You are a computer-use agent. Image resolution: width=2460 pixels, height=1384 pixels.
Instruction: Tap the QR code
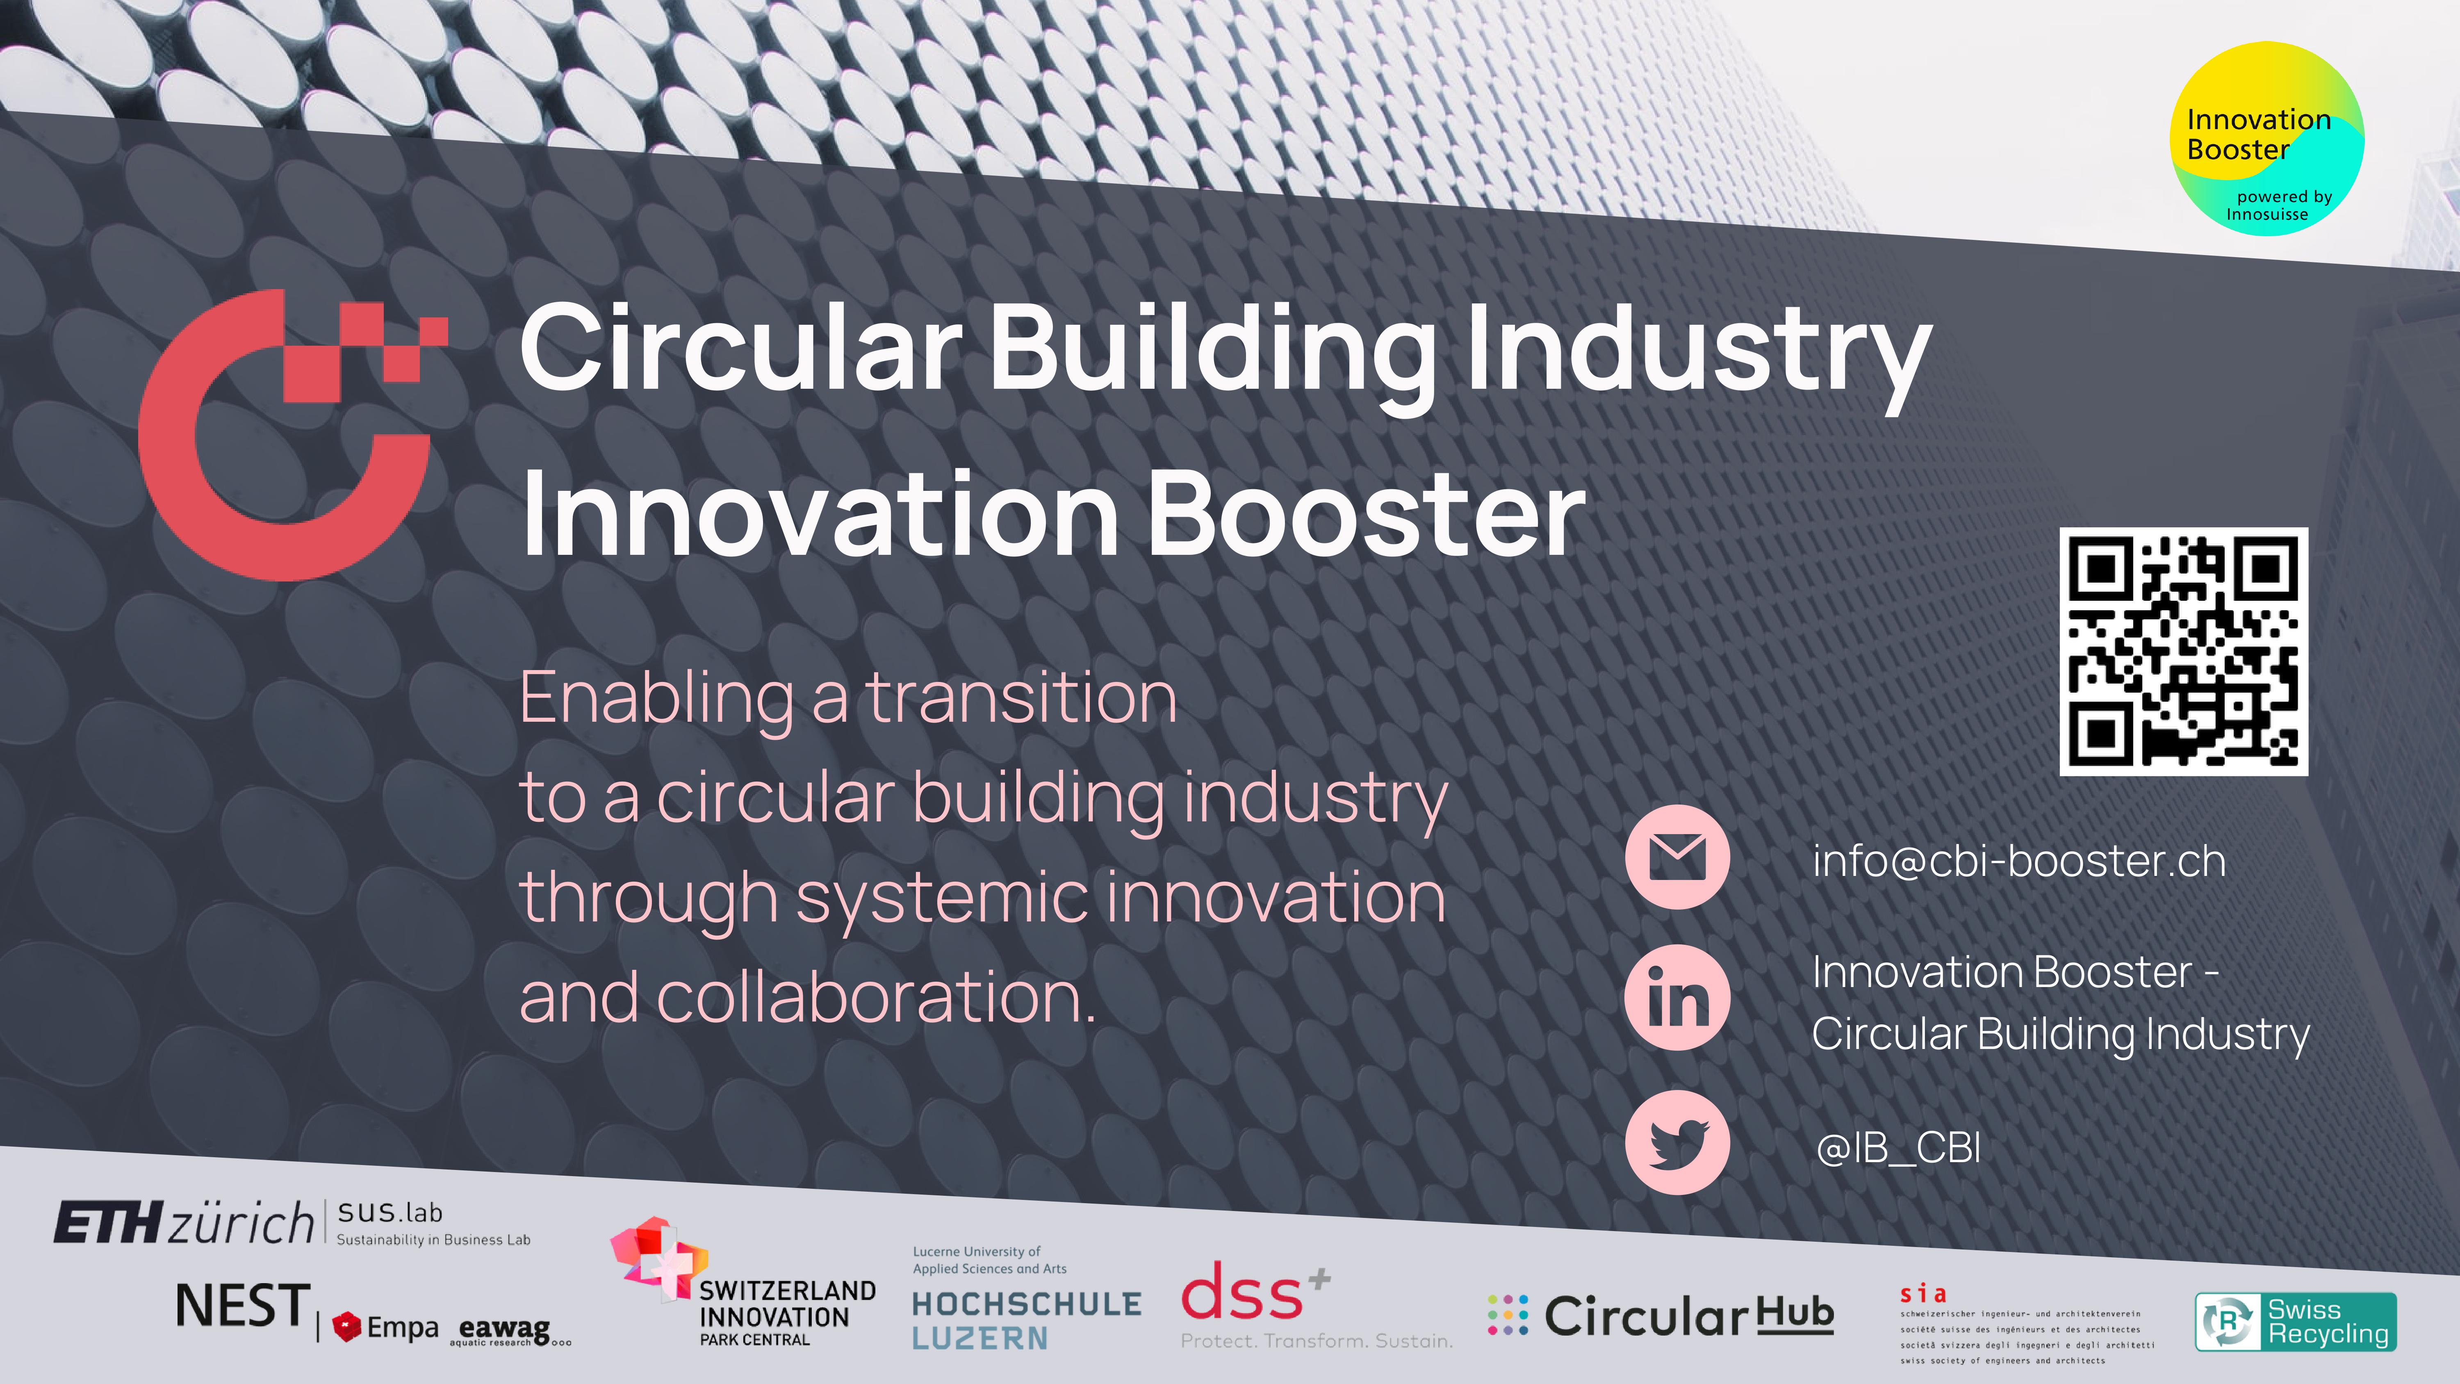pyautogui.click(x=2183, y=652)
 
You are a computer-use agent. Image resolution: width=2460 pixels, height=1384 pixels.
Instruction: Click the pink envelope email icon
pyautogui.click(x=1677, y=857)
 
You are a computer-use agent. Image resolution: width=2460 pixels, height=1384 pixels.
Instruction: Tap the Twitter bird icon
pyautogui.click(x=1677, y=1142)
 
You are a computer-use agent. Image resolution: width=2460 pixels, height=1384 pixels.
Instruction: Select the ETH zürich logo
pyautogui.click(x=183, y=1222)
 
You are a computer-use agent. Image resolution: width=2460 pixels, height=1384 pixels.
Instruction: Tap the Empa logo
pyautogui.click(x=386, y=1327)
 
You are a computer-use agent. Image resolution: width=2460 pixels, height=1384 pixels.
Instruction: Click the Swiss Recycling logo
pyautogui.click(x=2296, y=1322)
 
